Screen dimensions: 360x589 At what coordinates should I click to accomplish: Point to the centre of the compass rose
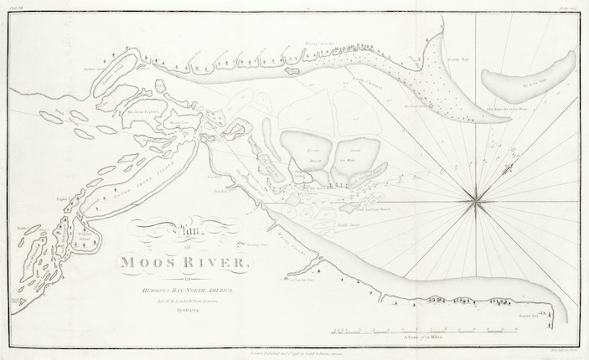click(x=475, y=200)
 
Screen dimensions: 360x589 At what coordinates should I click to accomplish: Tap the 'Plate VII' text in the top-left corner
click(x=18, y=8)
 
